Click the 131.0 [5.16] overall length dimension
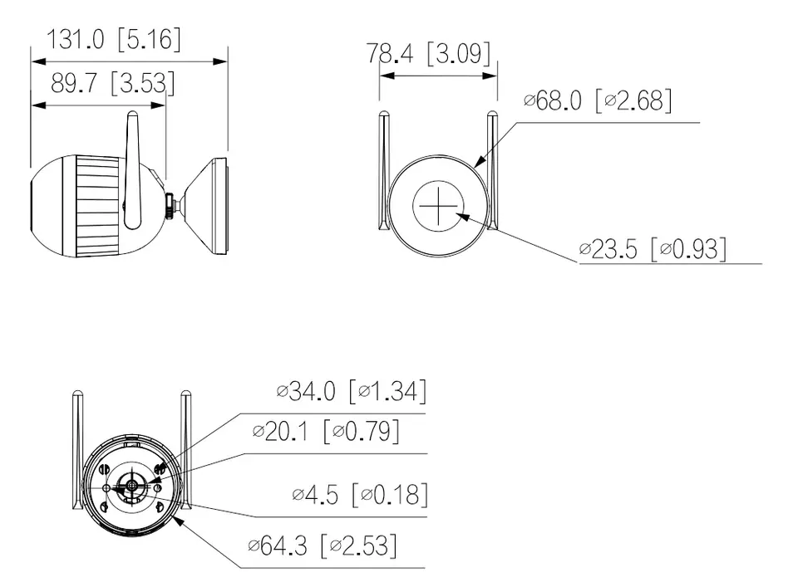(x=114, y=39)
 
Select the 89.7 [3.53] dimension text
(x=113, y=83)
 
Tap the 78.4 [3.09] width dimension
(x=429, y=53)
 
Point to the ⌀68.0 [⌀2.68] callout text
(x=598, y=100)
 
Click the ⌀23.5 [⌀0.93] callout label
(x=653, y=249)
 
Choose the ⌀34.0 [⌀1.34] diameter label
(x=351, y=391)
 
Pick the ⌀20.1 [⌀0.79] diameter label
(x=326, y=432)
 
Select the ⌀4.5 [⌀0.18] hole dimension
(x=360, y=495)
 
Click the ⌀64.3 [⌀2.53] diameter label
(x=323, y=546)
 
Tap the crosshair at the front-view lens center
(x=438, y=207)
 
